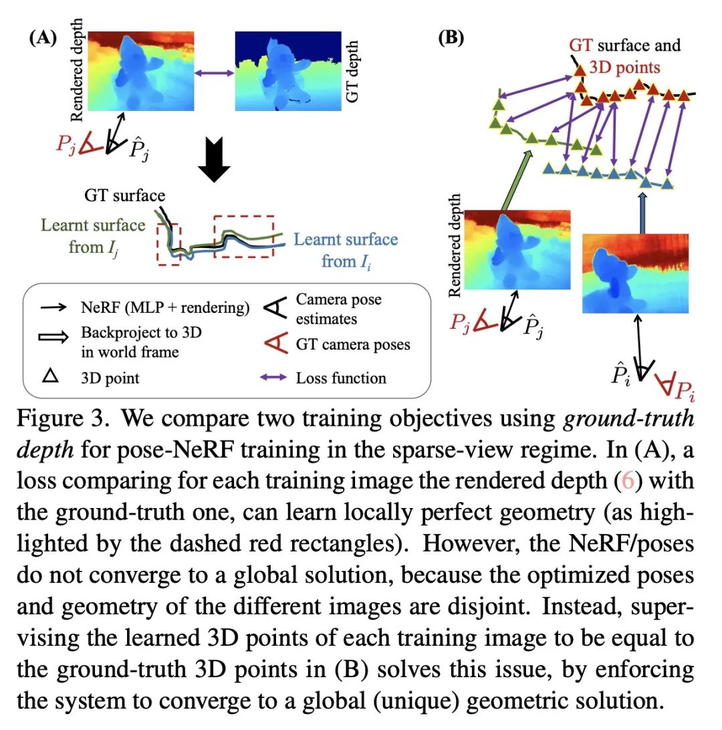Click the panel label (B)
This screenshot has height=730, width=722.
(451, 37)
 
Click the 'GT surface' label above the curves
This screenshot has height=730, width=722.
(124, 196)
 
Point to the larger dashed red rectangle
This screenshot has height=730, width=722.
(244, 238)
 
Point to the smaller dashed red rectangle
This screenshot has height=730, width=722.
(167, 243)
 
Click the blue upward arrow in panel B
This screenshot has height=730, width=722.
(642, 212)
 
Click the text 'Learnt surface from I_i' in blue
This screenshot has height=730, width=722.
(346, 250)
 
